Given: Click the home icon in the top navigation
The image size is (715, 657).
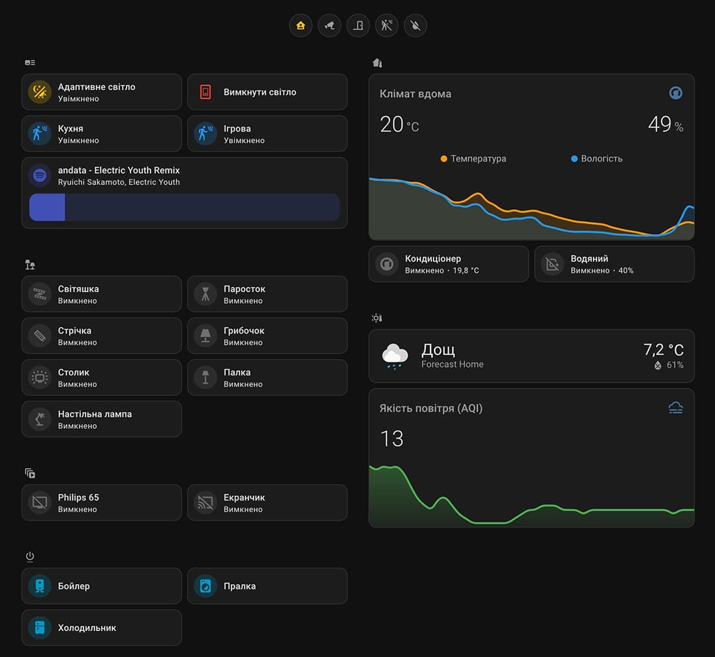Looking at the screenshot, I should click(301, 25).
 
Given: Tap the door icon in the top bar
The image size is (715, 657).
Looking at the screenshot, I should click(358, 25).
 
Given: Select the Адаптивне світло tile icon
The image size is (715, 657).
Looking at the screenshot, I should click(40, 92).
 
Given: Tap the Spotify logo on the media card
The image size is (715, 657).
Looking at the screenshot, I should click(40, 175).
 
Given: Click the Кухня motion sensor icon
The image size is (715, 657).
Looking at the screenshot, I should click(40, 134).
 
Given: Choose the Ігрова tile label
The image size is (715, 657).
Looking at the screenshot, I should click(237, 128).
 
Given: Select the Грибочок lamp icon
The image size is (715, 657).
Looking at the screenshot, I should click(205, 336).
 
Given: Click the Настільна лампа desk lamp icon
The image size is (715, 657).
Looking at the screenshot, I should click(40, 419).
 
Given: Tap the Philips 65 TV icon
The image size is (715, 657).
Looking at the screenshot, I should click(40, 503).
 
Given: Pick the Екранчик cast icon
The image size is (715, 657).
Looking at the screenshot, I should click(205, 503).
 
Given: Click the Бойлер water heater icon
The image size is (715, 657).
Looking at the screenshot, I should click(40, 586).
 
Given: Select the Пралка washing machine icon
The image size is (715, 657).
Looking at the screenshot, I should click(205, 586).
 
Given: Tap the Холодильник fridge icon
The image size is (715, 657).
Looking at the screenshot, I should click(40, 628).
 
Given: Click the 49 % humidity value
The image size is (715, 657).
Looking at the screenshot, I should click(665, 124).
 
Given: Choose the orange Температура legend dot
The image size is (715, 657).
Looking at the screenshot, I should click(444, 158).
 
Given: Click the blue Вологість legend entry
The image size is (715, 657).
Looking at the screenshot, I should click(597, 158).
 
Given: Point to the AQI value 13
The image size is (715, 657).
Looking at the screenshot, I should click(392, 439).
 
